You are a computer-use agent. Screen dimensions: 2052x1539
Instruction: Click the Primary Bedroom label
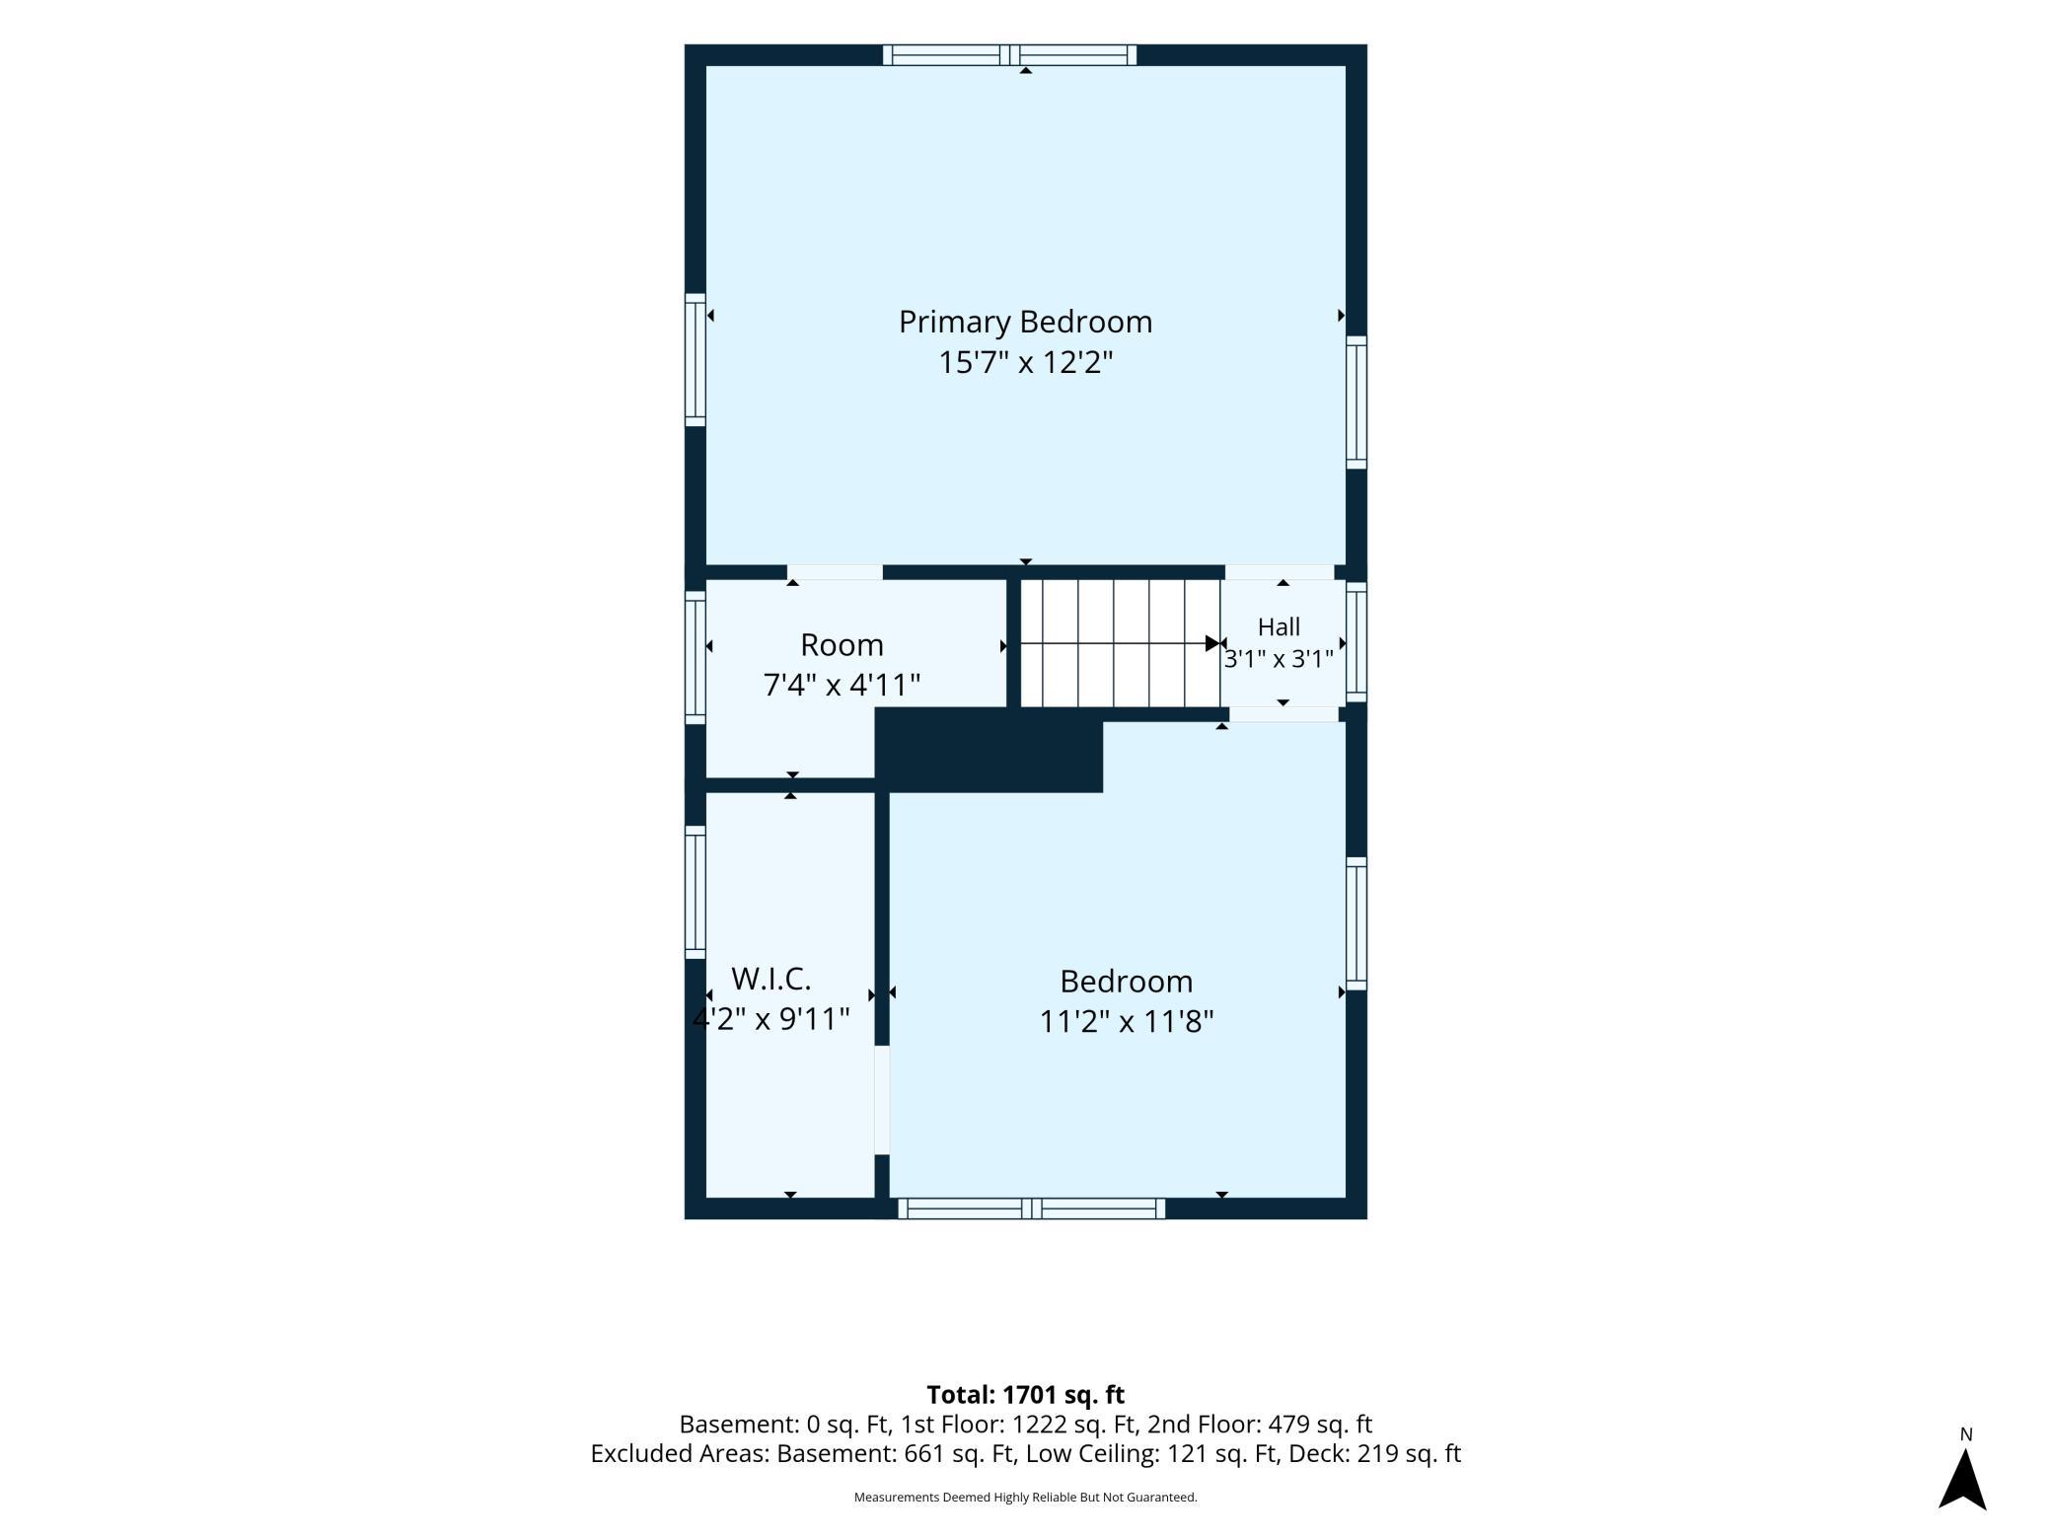click(1025, 323)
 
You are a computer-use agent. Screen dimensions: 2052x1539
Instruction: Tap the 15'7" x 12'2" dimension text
click(1025, 363)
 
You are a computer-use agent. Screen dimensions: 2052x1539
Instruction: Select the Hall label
click(1279, 627)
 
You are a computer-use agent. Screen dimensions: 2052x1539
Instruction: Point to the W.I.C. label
click(770, 979)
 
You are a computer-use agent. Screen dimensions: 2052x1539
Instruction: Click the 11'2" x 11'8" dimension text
click(1126, 1021)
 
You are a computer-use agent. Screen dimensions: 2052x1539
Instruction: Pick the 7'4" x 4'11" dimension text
click(842, 685)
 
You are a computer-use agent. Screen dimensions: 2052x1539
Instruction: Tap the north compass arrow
click(1962, 1479)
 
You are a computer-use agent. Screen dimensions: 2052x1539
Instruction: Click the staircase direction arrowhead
click(1212, 643)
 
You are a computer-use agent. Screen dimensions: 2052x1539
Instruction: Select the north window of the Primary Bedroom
click(1009, 55)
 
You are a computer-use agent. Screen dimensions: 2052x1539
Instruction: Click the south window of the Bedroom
click(1031, 1209)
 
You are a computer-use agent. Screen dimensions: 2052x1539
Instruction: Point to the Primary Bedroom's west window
click(696, 360)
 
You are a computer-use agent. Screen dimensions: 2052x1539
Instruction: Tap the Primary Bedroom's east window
click(1356, 403)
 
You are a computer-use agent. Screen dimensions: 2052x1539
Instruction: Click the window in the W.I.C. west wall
click(696, 892)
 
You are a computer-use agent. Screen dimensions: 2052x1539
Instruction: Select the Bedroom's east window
click(1356, 923)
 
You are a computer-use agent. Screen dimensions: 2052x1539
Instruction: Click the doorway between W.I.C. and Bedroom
click(882, 1100)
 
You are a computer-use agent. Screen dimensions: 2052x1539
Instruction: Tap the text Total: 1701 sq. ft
click(1025, 1395)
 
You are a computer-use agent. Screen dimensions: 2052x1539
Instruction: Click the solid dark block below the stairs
click(989, 750)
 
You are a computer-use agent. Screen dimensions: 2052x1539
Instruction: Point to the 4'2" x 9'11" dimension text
click(770, 1019)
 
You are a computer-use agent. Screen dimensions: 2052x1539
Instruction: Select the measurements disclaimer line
click(1025, 1498)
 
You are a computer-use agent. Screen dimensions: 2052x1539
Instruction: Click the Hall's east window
click(1356, 641)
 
